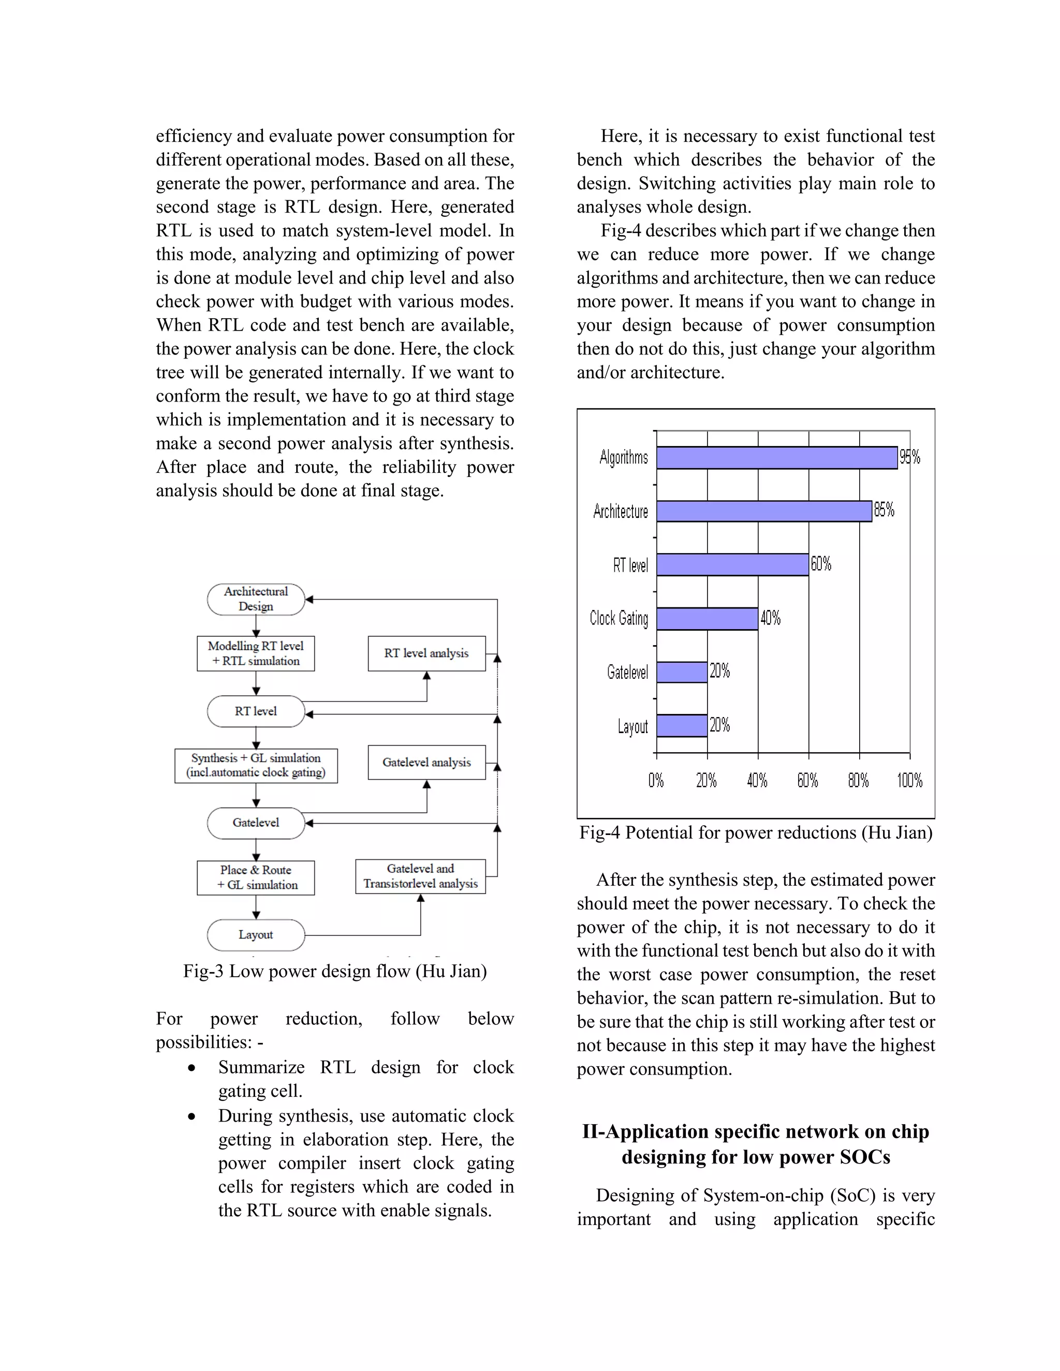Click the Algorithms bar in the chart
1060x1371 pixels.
click(777, 458)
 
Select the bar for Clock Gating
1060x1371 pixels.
click(707, 619)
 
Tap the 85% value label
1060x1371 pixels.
click(884, 510)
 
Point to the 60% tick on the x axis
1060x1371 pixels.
click(807, 780)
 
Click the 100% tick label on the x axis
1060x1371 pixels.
click(909, 780)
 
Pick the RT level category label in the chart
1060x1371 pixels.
click(630, 565)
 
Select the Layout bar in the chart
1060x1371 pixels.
click(682, 726)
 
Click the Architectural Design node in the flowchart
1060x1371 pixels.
click(256, 600)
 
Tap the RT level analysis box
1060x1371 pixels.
click(426, 653)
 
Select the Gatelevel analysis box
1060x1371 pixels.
click(426, 762)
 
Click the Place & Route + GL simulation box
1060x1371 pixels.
click(256, 877)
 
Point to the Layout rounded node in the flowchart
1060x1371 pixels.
click(256, 935)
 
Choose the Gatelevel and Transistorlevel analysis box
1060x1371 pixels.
click(420, 876)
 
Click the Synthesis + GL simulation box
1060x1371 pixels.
click(256, 765)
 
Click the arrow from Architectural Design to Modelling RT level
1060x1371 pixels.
click(256, 627)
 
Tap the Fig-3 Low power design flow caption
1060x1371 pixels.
click(335, 971)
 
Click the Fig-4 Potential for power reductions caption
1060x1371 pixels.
click(756, 833)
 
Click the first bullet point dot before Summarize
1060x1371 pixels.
click(192, 1068)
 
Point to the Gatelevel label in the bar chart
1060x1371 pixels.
click(627, 673)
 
